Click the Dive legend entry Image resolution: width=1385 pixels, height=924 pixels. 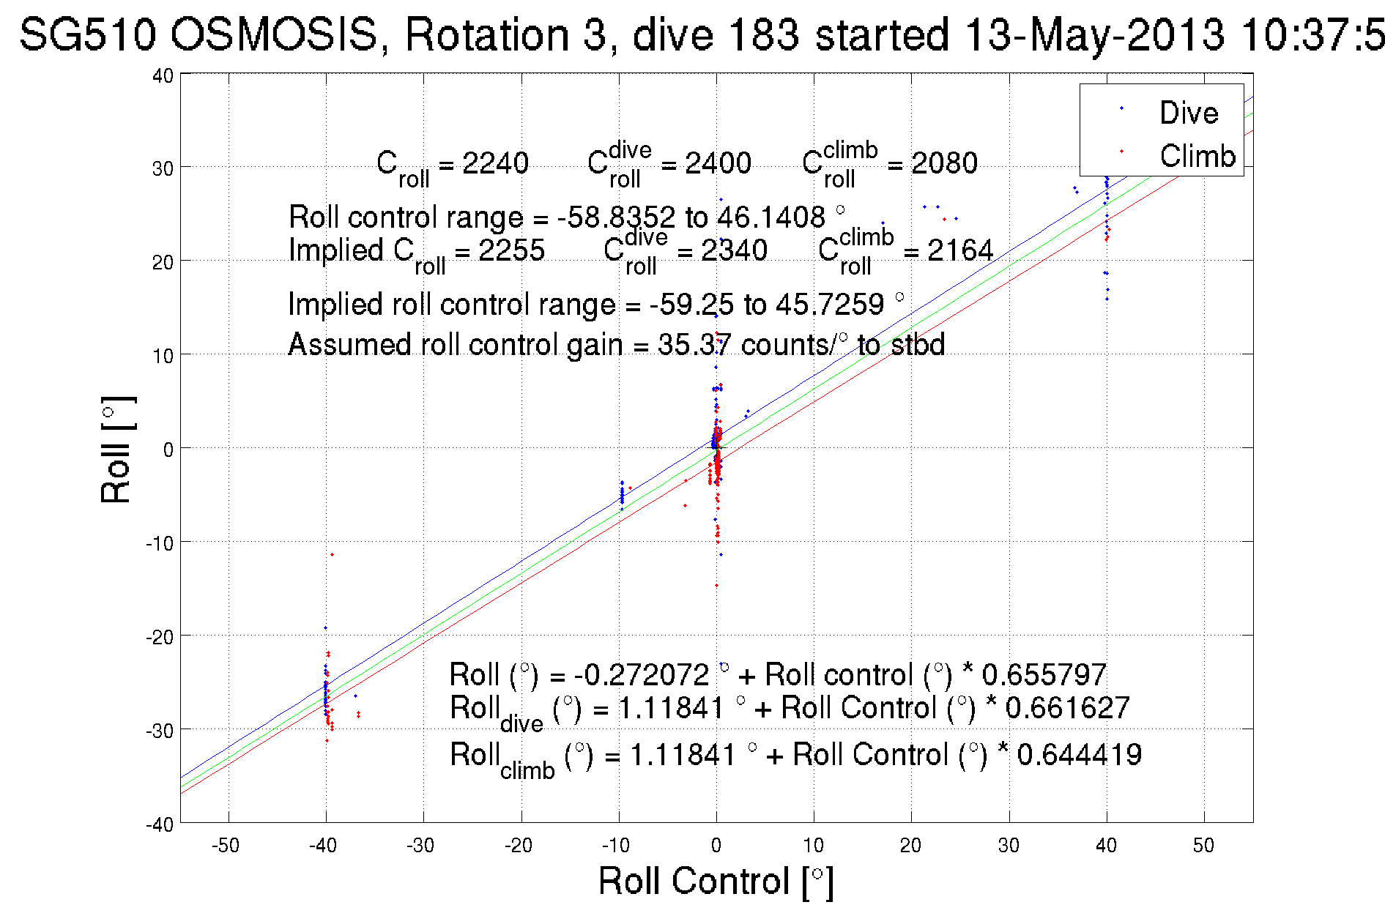(1188, 113)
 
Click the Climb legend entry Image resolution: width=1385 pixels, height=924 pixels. (1197, 156)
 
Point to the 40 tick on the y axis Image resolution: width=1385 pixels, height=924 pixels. (163, 76)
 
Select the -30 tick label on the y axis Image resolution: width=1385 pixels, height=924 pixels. (159, 731)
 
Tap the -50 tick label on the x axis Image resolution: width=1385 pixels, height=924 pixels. (226, 846)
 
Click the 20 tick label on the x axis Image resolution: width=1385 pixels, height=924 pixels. (910, 846)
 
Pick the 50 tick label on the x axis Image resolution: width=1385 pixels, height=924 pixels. (1203, 846)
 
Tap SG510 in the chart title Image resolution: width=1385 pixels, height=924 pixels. (88, 34)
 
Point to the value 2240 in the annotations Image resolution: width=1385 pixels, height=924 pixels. (495, 163)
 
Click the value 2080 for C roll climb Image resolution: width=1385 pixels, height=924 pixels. (944, 163)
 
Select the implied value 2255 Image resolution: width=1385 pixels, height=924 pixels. (511, 250)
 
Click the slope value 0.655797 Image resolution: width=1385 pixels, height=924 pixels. (1044, 674)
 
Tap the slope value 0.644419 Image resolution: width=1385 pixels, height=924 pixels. (1079, 754)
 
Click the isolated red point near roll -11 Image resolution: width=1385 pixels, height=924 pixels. (332, 554)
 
